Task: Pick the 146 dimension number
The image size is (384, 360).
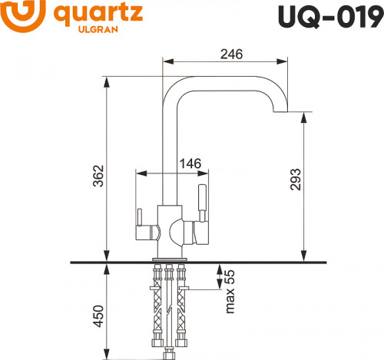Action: tap(190, 163)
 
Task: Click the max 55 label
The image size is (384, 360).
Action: tap(228, 289)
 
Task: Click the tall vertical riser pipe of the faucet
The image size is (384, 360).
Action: tap(170, 146)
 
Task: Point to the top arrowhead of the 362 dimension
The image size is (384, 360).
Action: tap(105, 78)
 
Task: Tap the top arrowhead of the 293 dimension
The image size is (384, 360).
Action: tap(306, 116)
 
